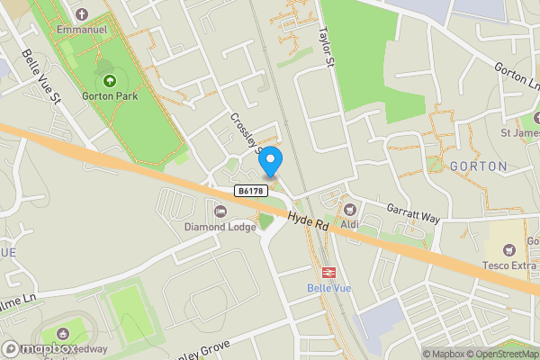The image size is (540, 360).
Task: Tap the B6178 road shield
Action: coord(252,192)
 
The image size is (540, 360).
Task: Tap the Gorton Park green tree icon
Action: coord(110,81)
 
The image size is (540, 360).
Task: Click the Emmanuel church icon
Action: coord(82,15)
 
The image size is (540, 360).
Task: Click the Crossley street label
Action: coord(245,133)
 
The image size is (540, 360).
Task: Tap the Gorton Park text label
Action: coord(110,98)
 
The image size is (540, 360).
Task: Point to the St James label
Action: coord(519,134)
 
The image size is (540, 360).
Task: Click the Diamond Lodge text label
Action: coord(220,227)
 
